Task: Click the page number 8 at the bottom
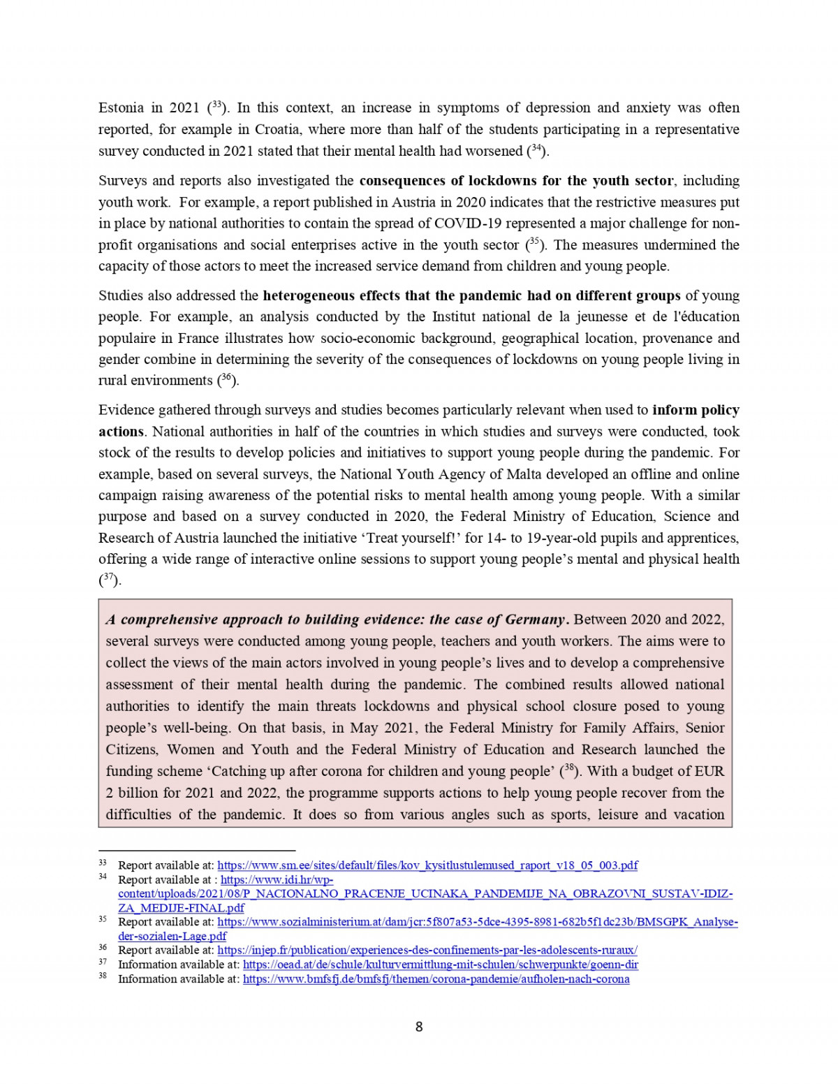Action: coord(419,1027)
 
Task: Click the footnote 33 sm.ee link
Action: coord(427,865)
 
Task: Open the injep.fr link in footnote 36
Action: coord(427,950)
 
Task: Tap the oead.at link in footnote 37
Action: coord(440,965)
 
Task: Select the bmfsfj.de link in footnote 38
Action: coord(436,979)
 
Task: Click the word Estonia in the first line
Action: coord(121,108)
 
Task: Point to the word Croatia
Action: coord(277,130)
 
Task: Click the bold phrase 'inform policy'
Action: coord(696,410)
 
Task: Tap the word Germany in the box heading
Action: coord(535,620)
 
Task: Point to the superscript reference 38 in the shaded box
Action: coord(569,770)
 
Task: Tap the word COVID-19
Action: coord(464,224)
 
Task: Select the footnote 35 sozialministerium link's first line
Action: coord(478,922)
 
